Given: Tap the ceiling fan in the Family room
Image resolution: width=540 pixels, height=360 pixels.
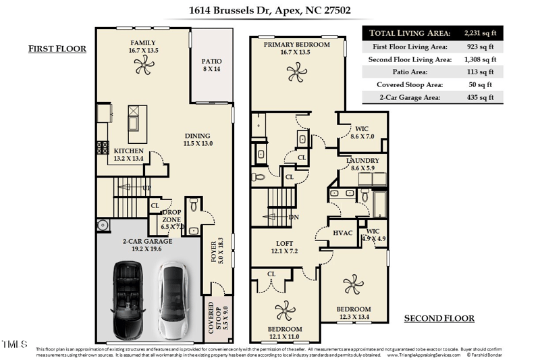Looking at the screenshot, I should pyautogui.click(x=143, y=66).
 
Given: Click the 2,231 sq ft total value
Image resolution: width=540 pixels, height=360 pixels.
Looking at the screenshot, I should pyautogui.click(x=480, y=32).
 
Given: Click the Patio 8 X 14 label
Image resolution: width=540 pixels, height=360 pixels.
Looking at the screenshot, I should pyautogui.click(x=211, y=66).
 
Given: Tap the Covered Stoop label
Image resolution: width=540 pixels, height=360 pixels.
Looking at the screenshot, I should pyautogui.click(x=213, y=317).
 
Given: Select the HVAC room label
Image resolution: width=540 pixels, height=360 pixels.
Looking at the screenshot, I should pyautogui.click(x=343, y=233).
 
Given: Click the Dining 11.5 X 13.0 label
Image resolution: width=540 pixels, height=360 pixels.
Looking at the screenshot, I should pyautogui.click(x=197, y=139).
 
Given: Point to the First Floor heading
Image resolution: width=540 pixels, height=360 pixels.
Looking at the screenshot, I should pyautogui.click(x=57, y=49).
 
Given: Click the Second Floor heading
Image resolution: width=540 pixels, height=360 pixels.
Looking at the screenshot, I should pyautogui.click(x=439, y=318).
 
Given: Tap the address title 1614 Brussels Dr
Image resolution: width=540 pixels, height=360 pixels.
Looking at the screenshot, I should pyautogui.click(x=269, y=11).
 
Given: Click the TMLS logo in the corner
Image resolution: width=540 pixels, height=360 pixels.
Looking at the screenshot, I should pyautogui.click(x=13, y=345).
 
